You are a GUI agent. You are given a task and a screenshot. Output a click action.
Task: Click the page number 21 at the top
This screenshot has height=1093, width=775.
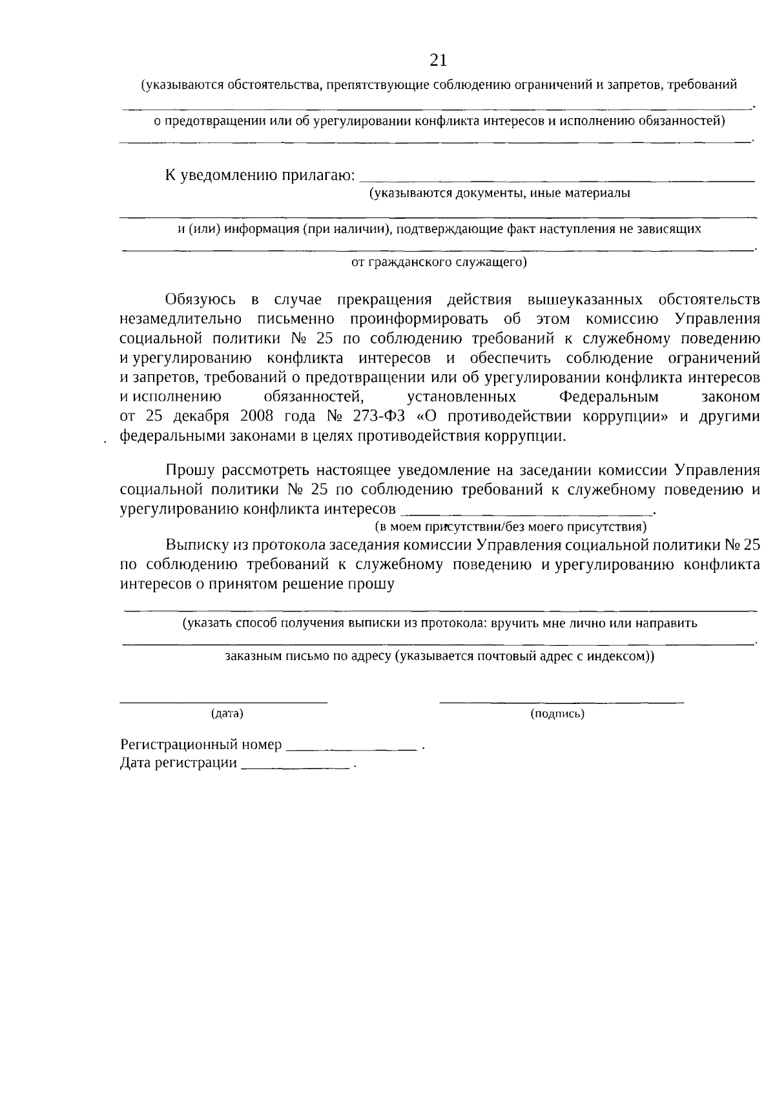point(439,61)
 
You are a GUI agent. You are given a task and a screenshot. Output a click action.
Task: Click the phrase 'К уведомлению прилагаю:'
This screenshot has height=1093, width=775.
point(260,175)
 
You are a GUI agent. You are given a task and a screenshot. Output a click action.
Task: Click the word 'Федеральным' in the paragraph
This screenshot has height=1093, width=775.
point(608,396)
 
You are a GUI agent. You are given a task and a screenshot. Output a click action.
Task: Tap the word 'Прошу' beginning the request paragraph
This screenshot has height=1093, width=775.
point(188,470)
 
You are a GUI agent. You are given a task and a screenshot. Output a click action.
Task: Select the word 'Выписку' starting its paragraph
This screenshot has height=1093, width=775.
point(196,545)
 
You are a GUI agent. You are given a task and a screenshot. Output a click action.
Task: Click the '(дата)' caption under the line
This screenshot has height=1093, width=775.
point(227,714)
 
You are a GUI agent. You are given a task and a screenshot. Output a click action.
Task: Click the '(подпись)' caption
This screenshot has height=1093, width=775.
point(557,714)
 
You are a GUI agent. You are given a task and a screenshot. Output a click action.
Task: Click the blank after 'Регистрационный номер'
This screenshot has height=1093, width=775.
point(351,749)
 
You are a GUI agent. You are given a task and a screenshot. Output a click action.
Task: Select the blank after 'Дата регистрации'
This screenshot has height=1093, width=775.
point(295,768)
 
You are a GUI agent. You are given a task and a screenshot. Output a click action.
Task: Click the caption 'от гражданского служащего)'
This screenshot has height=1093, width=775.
point(439,262)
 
